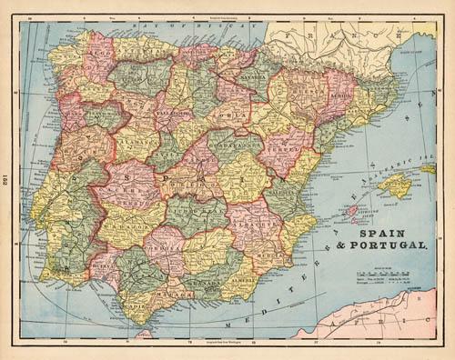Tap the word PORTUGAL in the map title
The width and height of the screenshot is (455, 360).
[x=382, y=245]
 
